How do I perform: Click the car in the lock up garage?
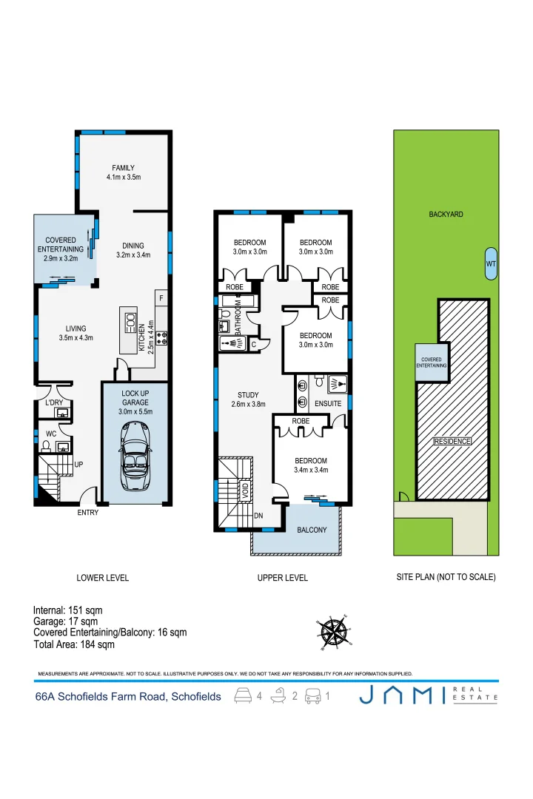pyautogui.click(x=135, y=457)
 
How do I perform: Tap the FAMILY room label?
pyautogui.click(x=123, y=168)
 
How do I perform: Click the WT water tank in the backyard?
pyautogui.click(x=491, y=264)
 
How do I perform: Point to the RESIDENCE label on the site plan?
pyautogui.click(x=452, y=441)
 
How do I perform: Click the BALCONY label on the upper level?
pyautogui.click(x=312, y=530)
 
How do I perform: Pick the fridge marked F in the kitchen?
pyautogui.click(x=161, y=297)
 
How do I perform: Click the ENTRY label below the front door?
pyautogui.click(x=87, y=513)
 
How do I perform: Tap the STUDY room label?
pyautogui.click(x=247, y=394)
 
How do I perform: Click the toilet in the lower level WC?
pyautogui.click(x=46, y=445)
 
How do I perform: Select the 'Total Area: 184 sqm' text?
pyautogui.click(x=74, y=645)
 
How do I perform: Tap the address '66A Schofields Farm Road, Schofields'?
pyautogui.click(x=128, y=697)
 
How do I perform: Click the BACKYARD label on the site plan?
pyautogui.click(x=446, y=215)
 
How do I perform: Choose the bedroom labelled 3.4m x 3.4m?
pyautogui.click(x=311, y=465)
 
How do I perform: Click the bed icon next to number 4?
pyautogui.click(x=242, y=696)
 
